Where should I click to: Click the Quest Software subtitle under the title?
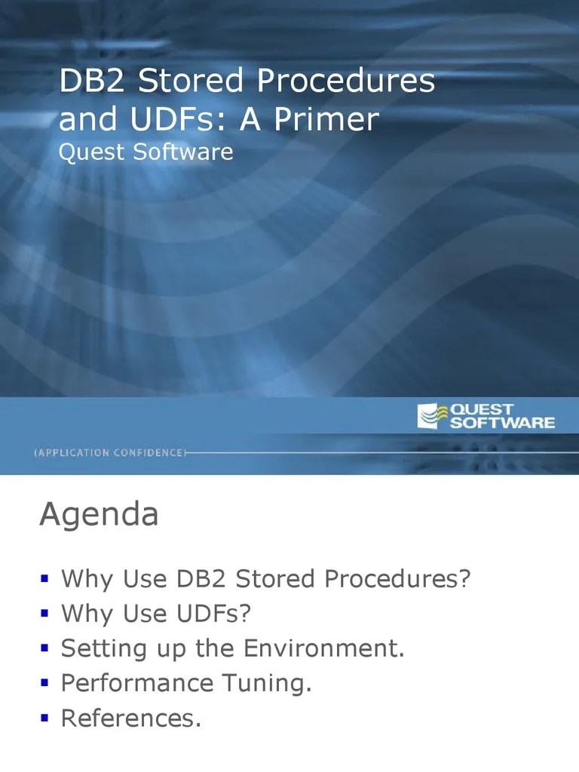point(146,152)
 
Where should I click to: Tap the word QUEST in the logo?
point(482,409)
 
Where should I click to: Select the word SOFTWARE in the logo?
point(501,423)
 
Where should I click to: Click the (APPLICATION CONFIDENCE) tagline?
point(109,452)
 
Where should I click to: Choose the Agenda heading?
point(99,516)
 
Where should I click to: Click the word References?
point(131,718)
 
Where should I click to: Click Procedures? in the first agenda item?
point(397,580)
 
